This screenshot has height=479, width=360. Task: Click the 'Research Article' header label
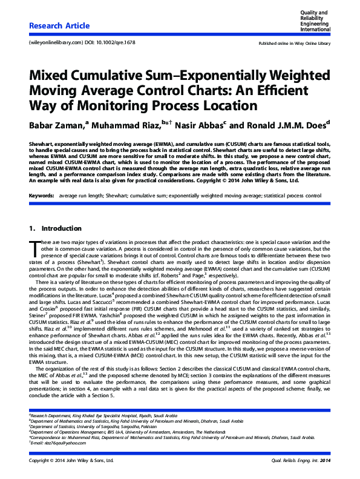tap(59, 26)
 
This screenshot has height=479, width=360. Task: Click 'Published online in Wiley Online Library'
tap(295, 44)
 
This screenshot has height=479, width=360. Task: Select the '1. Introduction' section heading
tap(55, 211)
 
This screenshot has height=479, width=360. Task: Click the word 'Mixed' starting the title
tap(49, 78)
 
